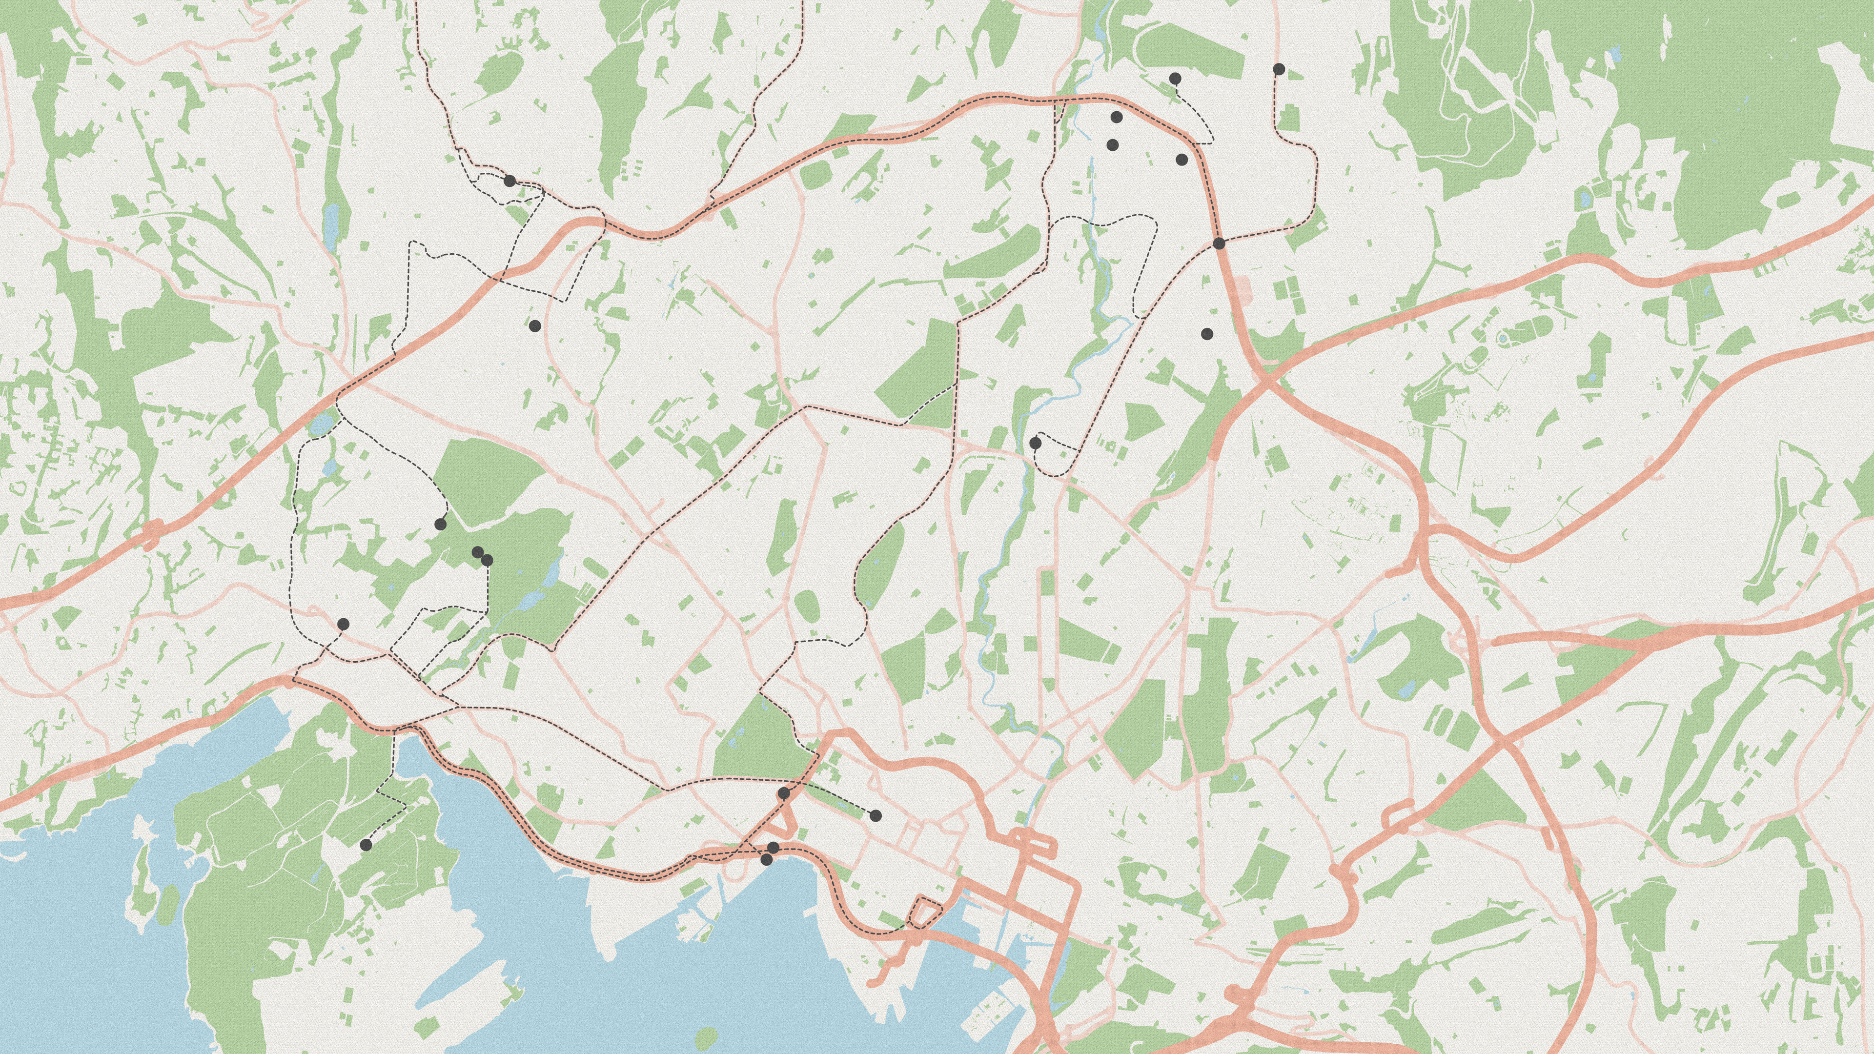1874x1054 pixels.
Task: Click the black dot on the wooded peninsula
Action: (x=365, y=845)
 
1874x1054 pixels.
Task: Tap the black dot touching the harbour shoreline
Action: (x=766, y=860)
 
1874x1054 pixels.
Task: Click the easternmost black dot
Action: (x=1279, y=69)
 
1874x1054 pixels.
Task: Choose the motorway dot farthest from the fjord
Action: (x=1219, y=243)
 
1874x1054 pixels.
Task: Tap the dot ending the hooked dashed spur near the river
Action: (x=1035, y=443)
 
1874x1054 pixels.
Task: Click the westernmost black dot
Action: (x=344, y=624)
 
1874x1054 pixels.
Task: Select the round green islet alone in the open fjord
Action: (x=705, y=1036)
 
